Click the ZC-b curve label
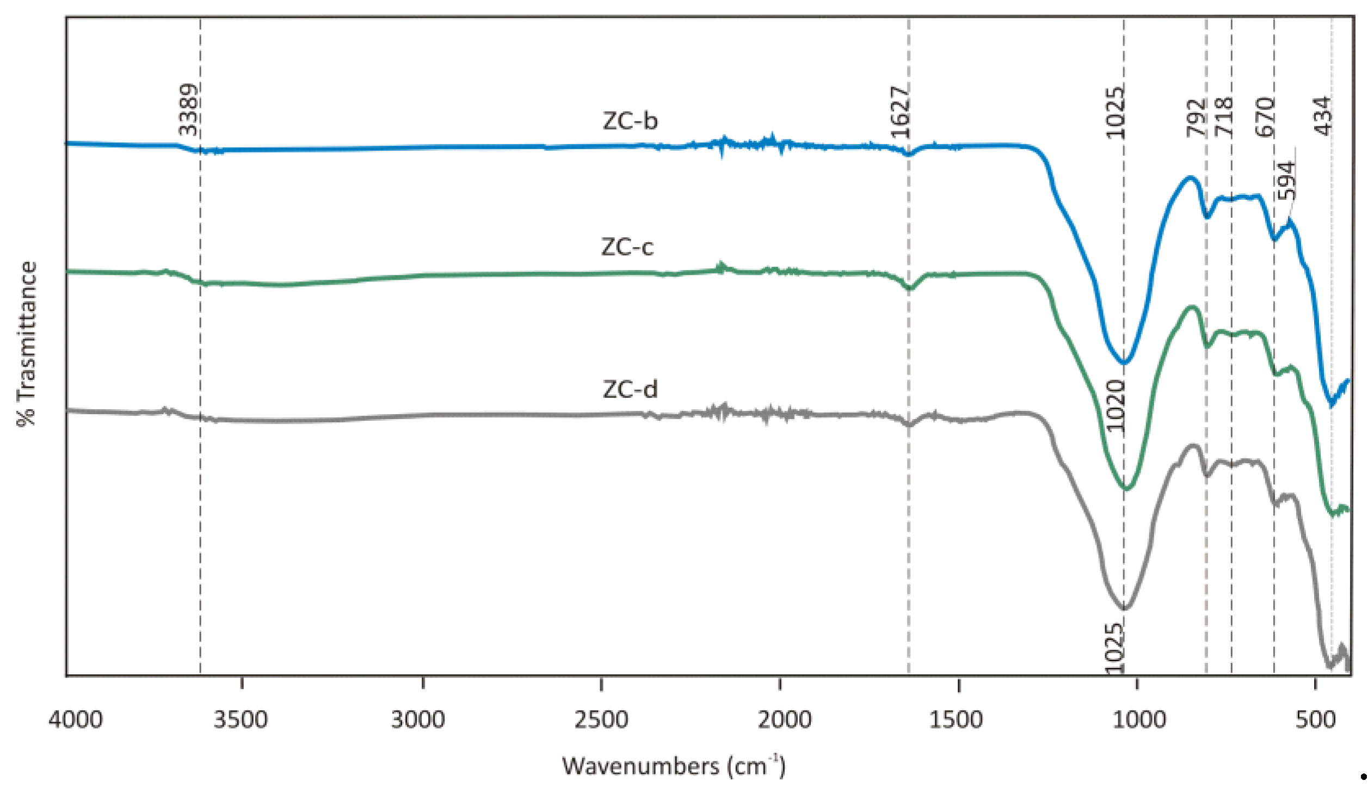click(630, 121)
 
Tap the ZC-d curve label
click(630, 389)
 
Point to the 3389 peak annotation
click(189, 109)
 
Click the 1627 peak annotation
click(899, 112)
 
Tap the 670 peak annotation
click(1265, 117)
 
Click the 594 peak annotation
click(1286, 181)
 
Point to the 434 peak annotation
click(1323, 116)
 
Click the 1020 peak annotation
click(1116, 405)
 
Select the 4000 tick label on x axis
click(75, 720)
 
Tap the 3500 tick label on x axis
click(241, 720)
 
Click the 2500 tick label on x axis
click(601, 720)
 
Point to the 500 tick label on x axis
click(1315, 720)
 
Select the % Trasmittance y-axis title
click(27, 344)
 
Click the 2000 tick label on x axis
click(784, 720)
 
